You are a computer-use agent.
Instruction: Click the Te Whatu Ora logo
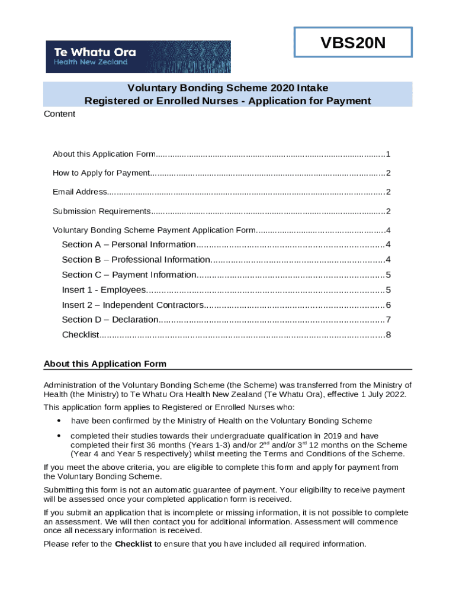pyautogui.click(x=139, y=56)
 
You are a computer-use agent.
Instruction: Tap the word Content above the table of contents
pyautogui.click(x=60, y=114)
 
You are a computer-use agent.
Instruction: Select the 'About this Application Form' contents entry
pyautogui.click(x=104, y=154)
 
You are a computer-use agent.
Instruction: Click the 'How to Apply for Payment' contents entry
pyautogui.click(x=101, y=173)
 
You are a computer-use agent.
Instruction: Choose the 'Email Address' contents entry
pyautogui.click(x=79, y=192)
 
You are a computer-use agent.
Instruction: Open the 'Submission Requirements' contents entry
pyautogui.click(x=101, y=211)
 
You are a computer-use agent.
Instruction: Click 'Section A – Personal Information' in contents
pyautogui.click(x=129, y=244)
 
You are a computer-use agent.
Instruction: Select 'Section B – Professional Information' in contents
pyautogui.click(x=136, y=260)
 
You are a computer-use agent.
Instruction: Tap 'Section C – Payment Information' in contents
pyautogui.click(x=129, y=275)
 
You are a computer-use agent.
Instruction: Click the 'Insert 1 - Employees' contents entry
pyautogui.click(x=104, y=290)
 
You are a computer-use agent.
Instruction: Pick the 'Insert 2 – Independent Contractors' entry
pyautogui.click(x=133, y=305)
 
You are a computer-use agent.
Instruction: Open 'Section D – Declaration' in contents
pyautogui.click(x=110, y=320)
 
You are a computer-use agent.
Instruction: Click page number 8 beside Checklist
pyautogui.click(x=388, y=335)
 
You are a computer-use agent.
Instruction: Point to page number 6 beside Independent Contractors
pyautogui.click(x=388, y=305)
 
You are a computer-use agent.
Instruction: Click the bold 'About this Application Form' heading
pyautogui.click(x=105, y=363)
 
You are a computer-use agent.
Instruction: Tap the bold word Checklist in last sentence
pyautogui.click(x=133, y=544)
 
